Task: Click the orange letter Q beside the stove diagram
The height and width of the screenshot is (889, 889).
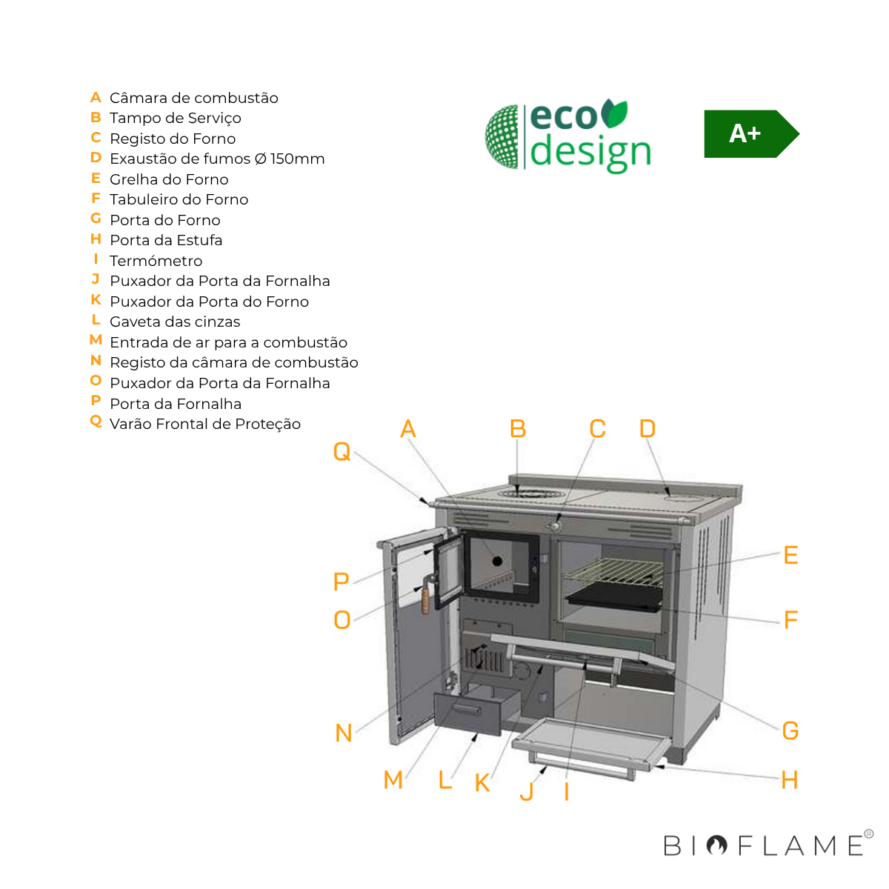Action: pyautogui.click(x=342, y=451)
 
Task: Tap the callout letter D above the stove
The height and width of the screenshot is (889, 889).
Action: pyautogui.click(x=647, y=429)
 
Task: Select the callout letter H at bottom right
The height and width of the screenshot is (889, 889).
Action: pyautogui.click(x=790, y=780)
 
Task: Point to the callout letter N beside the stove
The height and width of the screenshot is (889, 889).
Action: pyautogui.click(x=344, y=733)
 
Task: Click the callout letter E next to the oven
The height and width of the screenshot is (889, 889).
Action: pyautogui.click(x=790, y=556)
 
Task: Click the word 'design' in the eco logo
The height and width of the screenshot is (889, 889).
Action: pyautogui.click(x=590, y=152)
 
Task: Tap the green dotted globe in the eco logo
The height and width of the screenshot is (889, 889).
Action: pyautogui.click(x=503, y=136)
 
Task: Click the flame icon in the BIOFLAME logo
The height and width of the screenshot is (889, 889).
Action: pyautogui.click(x=716, y=845)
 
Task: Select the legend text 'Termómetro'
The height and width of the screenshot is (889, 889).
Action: pyautogui.click(x=156, y=261)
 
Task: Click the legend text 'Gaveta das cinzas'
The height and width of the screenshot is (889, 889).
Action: pyautogui.click(x=175, y=322)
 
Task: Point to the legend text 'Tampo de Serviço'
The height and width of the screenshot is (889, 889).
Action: pyautogui.click(x=176, y=118)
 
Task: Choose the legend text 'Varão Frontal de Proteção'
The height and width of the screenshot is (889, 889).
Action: pyautogui.click(x=205, y=424)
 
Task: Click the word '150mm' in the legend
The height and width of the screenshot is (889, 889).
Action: pyautogui.click(x=297, y=159)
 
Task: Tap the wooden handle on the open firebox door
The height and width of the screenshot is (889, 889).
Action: pyautogui.click(x=426, y=599)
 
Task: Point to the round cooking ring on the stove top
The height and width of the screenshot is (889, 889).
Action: pyautogui.click(x=527, y=493)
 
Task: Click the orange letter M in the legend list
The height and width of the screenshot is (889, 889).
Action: pyautogui.click(x=96, y=340)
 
